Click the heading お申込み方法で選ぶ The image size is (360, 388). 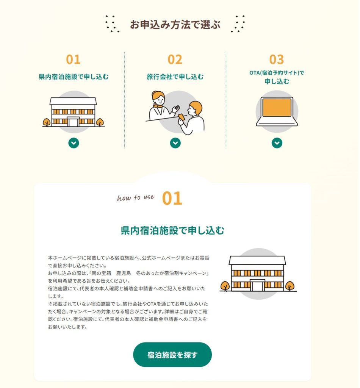click(x=175, y=25)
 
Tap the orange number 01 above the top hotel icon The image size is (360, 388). click(x=73, y=59)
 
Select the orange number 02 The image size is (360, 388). click(x=175, y=59)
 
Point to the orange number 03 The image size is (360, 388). click(x=277, y=59)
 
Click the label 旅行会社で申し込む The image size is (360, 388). click(x=175, y=77)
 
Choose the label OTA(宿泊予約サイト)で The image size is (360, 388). click(x=277, y=73)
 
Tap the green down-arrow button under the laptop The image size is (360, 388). click(x=277, y=143)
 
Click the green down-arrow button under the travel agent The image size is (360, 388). click(x=175, y=143)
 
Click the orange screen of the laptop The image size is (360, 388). click(x=277, y=108)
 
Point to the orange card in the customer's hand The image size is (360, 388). click(x=181, y=117)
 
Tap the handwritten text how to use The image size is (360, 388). click(x=136, y=197)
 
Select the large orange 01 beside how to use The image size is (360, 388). click(x=172, y=198)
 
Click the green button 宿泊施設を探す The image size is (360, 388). click(x=172, y=355)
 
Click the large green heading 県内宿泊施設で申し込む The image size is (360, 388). click(x=172, y=230)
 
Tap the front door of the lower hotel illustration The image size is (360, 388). click(x=258, y=286)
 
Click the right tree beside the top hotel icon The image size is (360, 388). click(x=100, y=122)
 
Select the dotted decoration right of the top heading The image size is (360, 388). click(x=238, y=24)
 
